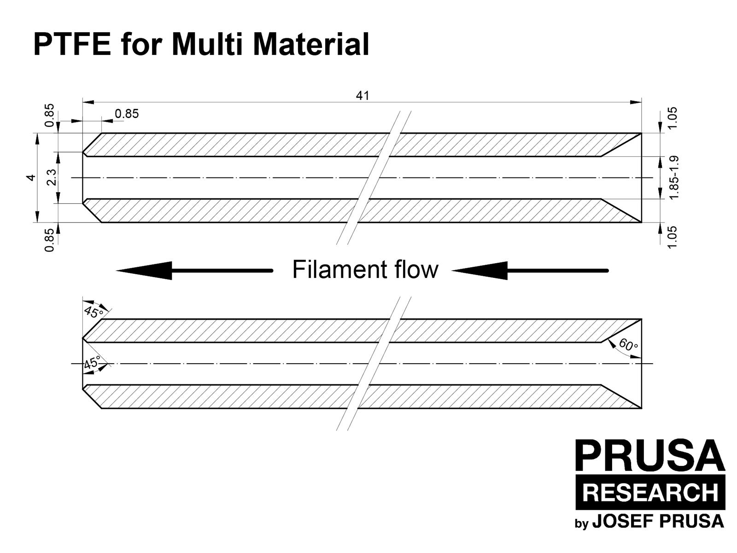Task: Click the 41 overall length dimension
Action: pos(363,96)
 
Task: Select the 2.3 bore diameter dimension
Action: pos(52,177)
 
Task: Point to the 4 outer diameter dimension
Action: pos(31,177)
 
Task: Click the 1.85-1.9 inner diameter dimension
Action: pos(674,177)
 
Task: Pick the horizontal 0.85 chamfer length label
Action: pos(127,114)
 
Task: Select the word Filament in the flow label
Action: pos(339,270)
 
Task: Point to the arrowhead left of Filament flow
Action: pos(144,271)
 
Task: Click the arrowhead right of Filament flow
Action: pos(479,271)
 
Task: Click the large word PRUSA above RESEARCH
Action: pos(650,455)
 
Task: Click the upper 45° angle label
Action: pos(94,312)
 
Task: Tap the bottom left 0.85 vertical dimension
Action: pos(49,240)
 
